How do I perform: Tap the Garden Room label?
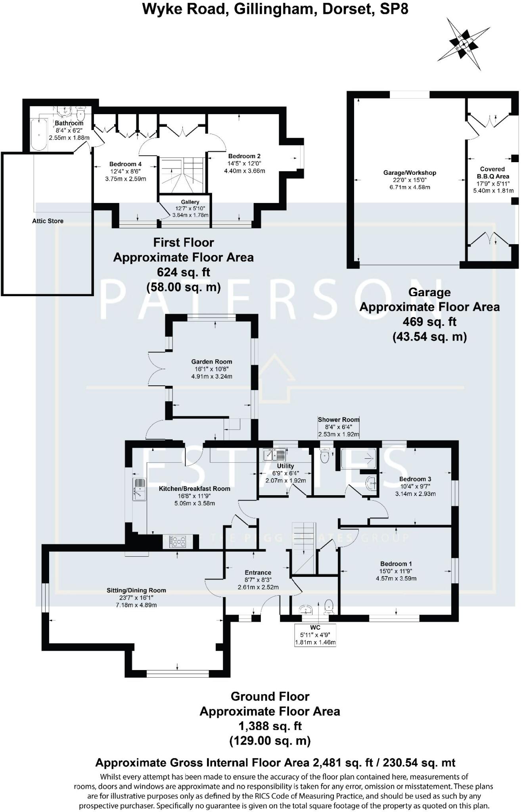click(x=211, y=362)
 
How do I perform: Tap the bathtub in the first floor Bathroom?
click(x=39, y=134)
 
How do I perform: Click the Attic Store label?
click(x=48, y=221)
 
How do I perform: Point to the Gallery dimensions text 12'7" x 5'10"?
click(x=190, y=209)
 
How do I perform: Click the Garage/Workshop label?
click(x=410, y=173)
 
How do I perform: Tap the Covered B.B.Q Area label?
click(x=493, y=172)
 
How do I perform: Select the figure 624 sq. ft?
click(x=183, y=272)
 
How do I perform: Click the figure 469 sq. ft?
click(x=429, y=322)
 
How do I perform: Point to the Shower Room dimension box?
click(x=338, y=427)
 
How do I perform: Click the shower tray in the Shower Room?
click(x=358, y=458)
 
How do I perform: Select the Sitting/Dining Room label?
click(x=136, y=590)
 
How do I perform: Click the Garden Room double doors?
click(x=155, y=369)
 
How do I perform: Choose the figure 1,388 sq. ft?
click(x=270, y=726)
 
